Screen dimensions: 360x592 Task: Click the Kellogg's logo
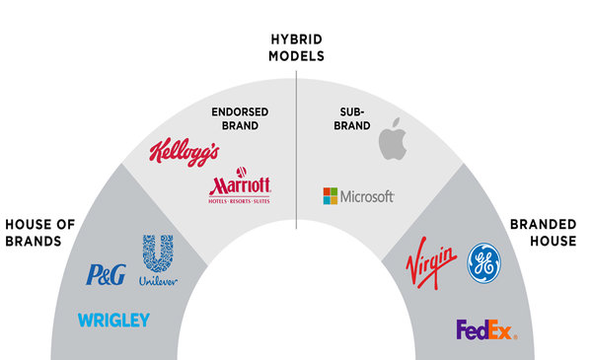pyautogui.click(x=184, y=152)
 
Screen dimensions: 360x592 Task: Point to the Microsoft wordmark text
pyautogui.click(x=367, y=196)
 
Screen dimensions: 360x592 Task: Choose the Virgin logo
pyautogui.click(x=431, y=265)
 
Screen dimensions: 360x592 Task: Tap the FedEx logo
pyautogui.click(x=485, y=329)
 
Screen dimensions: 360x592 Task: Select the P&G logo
pyautogui.click(x=107, y=275)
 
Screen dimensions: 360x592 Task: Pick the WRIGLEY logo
pyautogui.click(x=113, y=320)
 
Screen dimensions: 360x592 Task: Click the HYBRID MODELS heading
pyautogui.click(x=296, y=46)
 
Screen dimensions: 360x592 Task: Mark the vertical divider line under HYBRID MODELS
pyautogui.click(x=296, y=148)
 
